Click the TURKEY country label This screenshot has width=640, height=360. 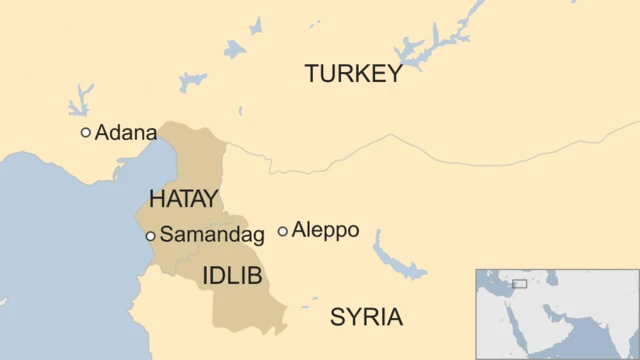tap(353, 74)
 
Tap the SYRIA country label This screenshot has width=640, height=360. tap(366, 318)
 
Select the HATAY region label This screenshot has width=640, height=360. tap(183, 198)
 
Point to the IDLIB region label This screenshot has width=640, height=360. tap(232, 276)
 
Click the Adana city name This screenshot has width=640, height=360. tap(125, 132)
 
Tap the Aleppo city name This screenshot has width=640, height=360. tap(325, 230)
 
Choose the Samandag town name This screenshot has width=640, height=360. tap(211, 236)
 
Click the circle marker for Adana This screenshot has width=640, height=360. tap(86, 132)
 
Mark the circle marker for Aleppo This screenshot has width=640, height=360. tap(283, 231)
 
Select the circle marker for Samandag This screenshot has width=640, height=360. tap(150, 236)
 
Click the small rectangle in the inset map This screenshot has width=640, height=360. tap(519, 284)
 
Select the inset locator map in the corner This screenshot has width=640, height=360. tap(556, 313)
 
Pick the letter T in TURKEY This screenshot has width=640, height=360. tap(312, 74)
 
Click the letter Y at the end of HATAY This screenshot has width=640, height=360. tap(210, 198)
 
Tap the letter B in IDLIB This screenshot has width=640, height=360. tap(254, 276)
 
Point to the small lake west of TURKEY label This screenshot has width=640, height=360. tap(236, 47)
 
